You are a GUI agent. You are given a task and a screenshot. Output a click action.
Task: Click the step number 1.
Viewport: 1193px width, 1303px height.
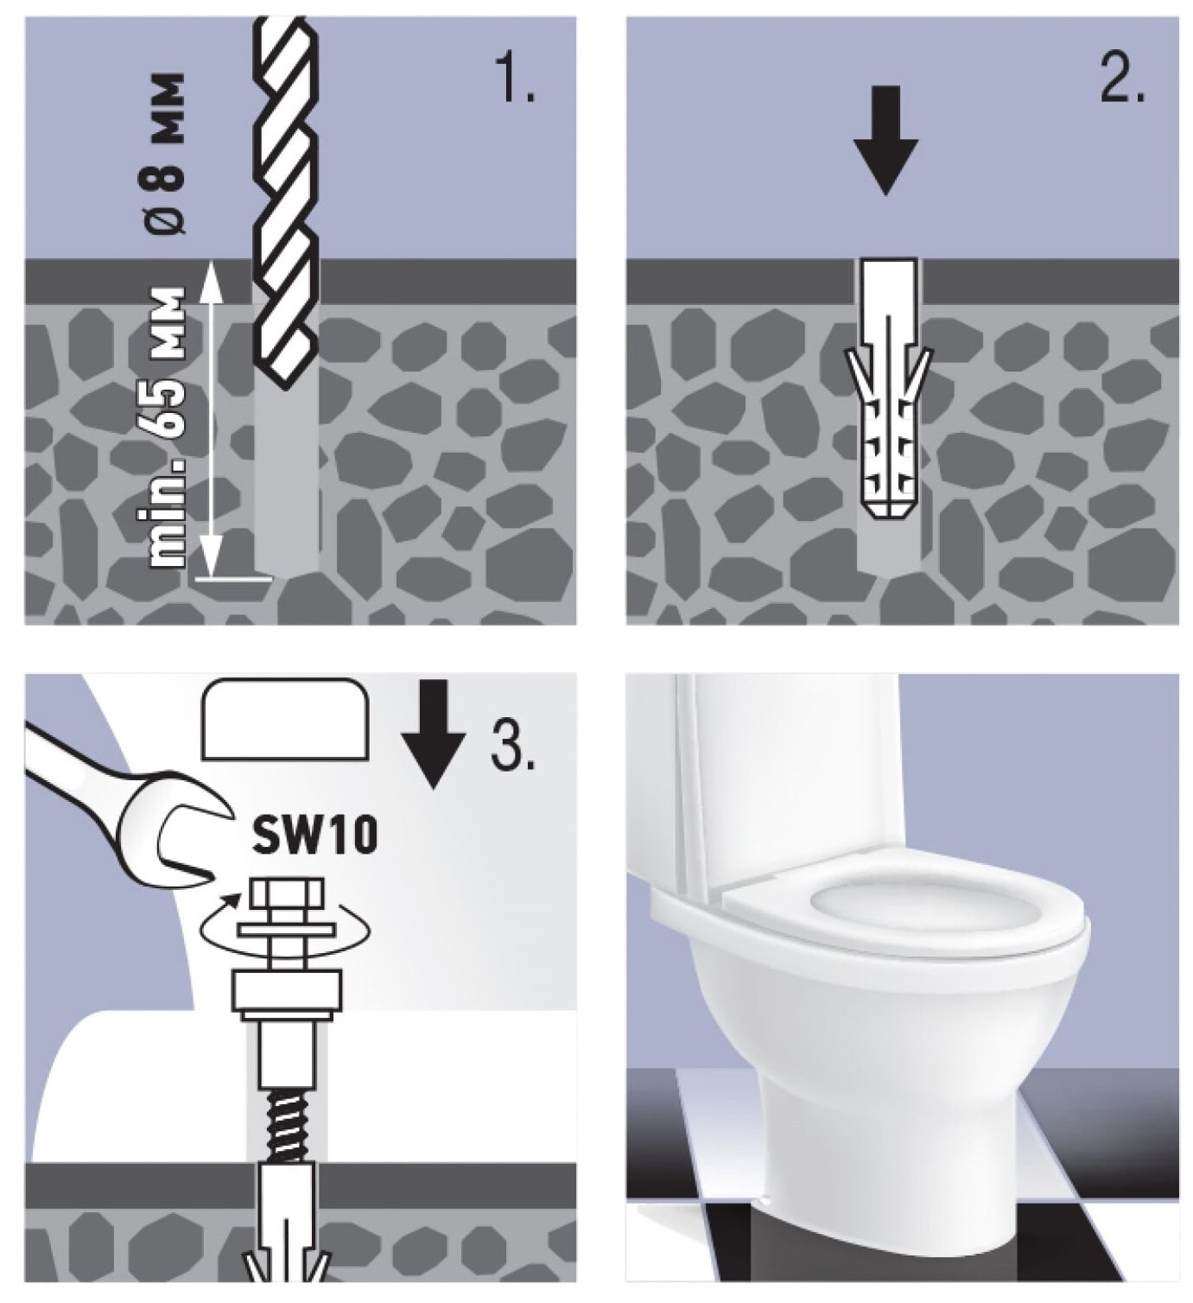point(517,80)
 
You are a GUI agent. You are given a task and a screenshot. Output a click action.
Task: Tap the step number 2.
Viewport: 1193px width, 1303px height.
point(1122,80)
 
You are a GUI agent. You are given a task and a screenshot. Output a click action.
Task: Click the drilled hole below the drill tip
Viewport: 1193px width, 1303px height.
point(288,475)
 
